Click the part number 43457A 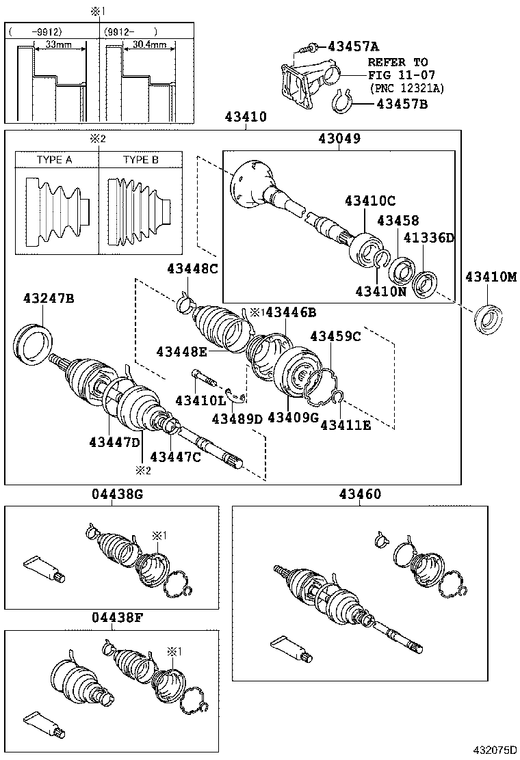(353, 46)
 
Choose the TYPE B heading (140, 160)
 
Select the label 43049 (339, 139)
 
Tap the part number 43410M (492, 277)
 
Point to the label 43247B (49, 298)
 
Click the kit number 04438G (117, 494)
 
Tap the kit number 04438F (117, 619)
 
